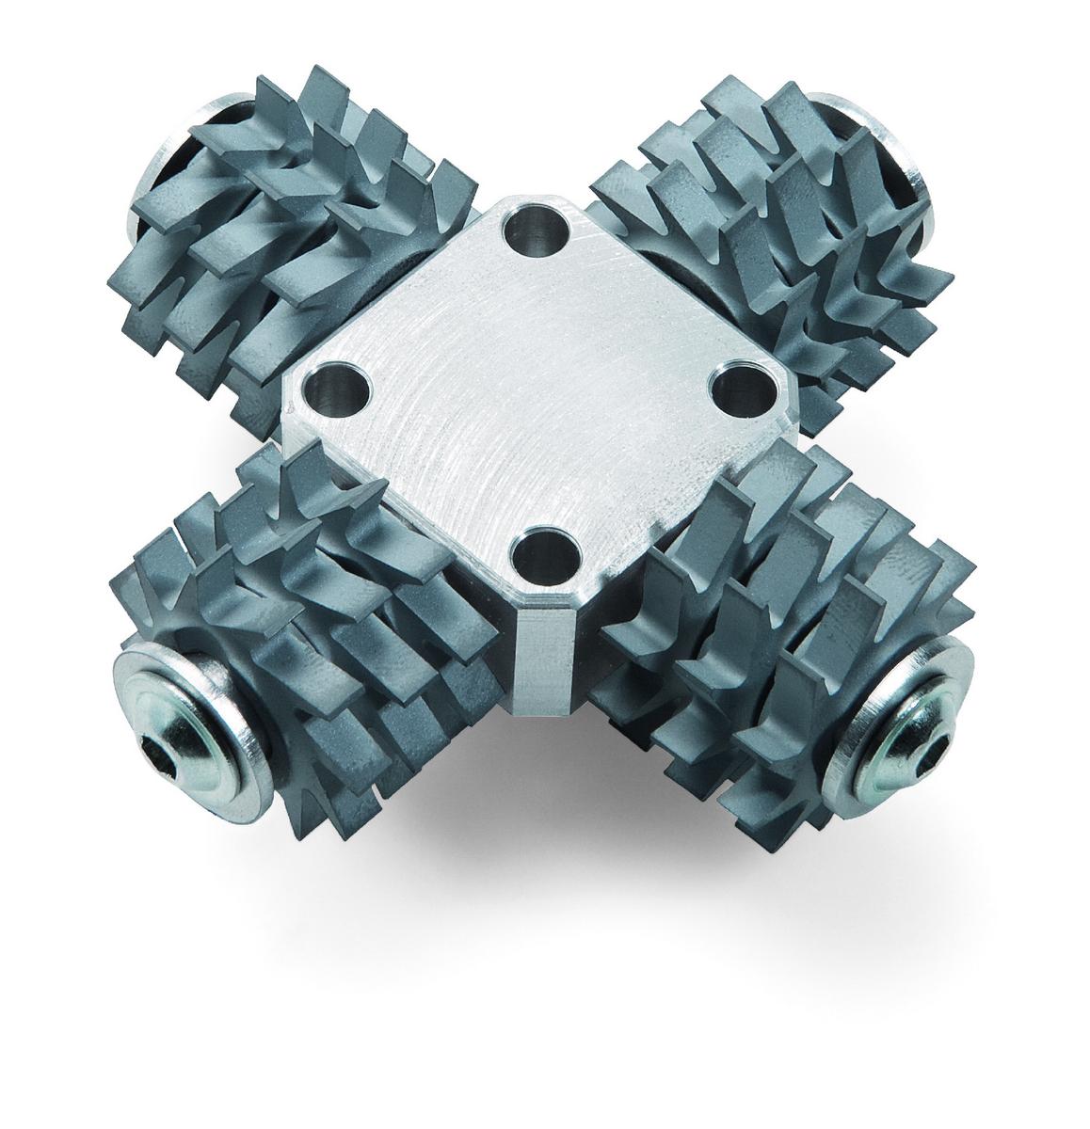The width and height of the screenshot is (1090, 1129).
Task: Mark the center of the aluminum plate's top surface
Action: pos(537,395)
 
